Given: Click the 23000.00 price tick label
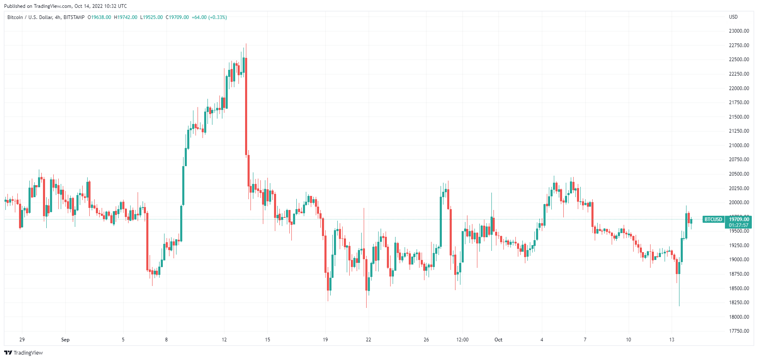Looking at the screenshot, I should point(739,31).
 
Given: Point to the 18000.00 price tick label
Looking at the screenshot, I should point(739,317).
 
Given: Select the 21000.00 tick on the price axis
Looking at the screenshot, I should point(739,145).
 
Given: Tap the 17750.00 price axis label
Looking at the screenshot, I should point(739,331).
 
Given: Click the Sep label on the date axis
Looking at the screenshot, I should point(65,340).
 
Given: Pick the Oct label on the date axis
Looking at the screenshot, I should point(498,340).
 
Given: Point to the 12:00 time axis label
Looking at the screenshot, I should point(462,340).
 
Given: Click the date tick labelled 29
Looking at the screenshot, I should point(22,340).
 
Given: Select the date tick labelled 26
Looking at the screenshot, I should point(426,340).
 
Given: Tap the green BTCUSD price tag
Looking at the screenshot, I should point(713,219).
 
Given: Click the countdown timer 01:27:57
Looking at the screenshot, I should point(739,225).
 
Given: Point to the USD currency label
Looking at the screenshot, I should point(733,17).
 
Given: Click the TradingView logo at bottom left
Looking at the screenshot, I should point(24,353).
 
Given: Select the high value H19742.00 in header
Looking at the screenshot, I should point(126,17).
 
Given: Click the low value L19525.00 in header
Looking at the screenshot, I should point(152,17).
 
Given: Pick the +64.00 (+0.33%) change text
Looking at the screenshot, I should point(209,17).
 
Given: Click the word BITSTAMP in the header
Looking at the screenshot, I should point(74,17).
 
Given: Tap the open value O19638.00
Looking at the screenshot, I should point(99,17).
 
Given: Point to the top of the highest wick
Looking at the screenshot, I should point(246,44).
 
